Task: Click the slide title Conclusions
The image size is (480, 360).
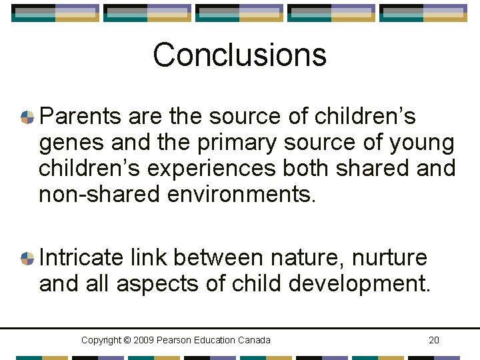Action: (239, 55)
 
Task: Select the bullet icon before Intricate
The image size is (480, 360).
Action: (27, 258)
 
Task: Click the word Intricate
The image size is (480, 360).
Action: (81, 257)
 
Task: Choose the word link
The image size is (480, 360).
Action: (149, 257)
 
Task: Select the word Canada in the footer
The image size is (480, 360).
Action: (255, 341)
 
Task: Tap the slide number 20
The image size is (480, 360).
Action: (434, 341)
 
